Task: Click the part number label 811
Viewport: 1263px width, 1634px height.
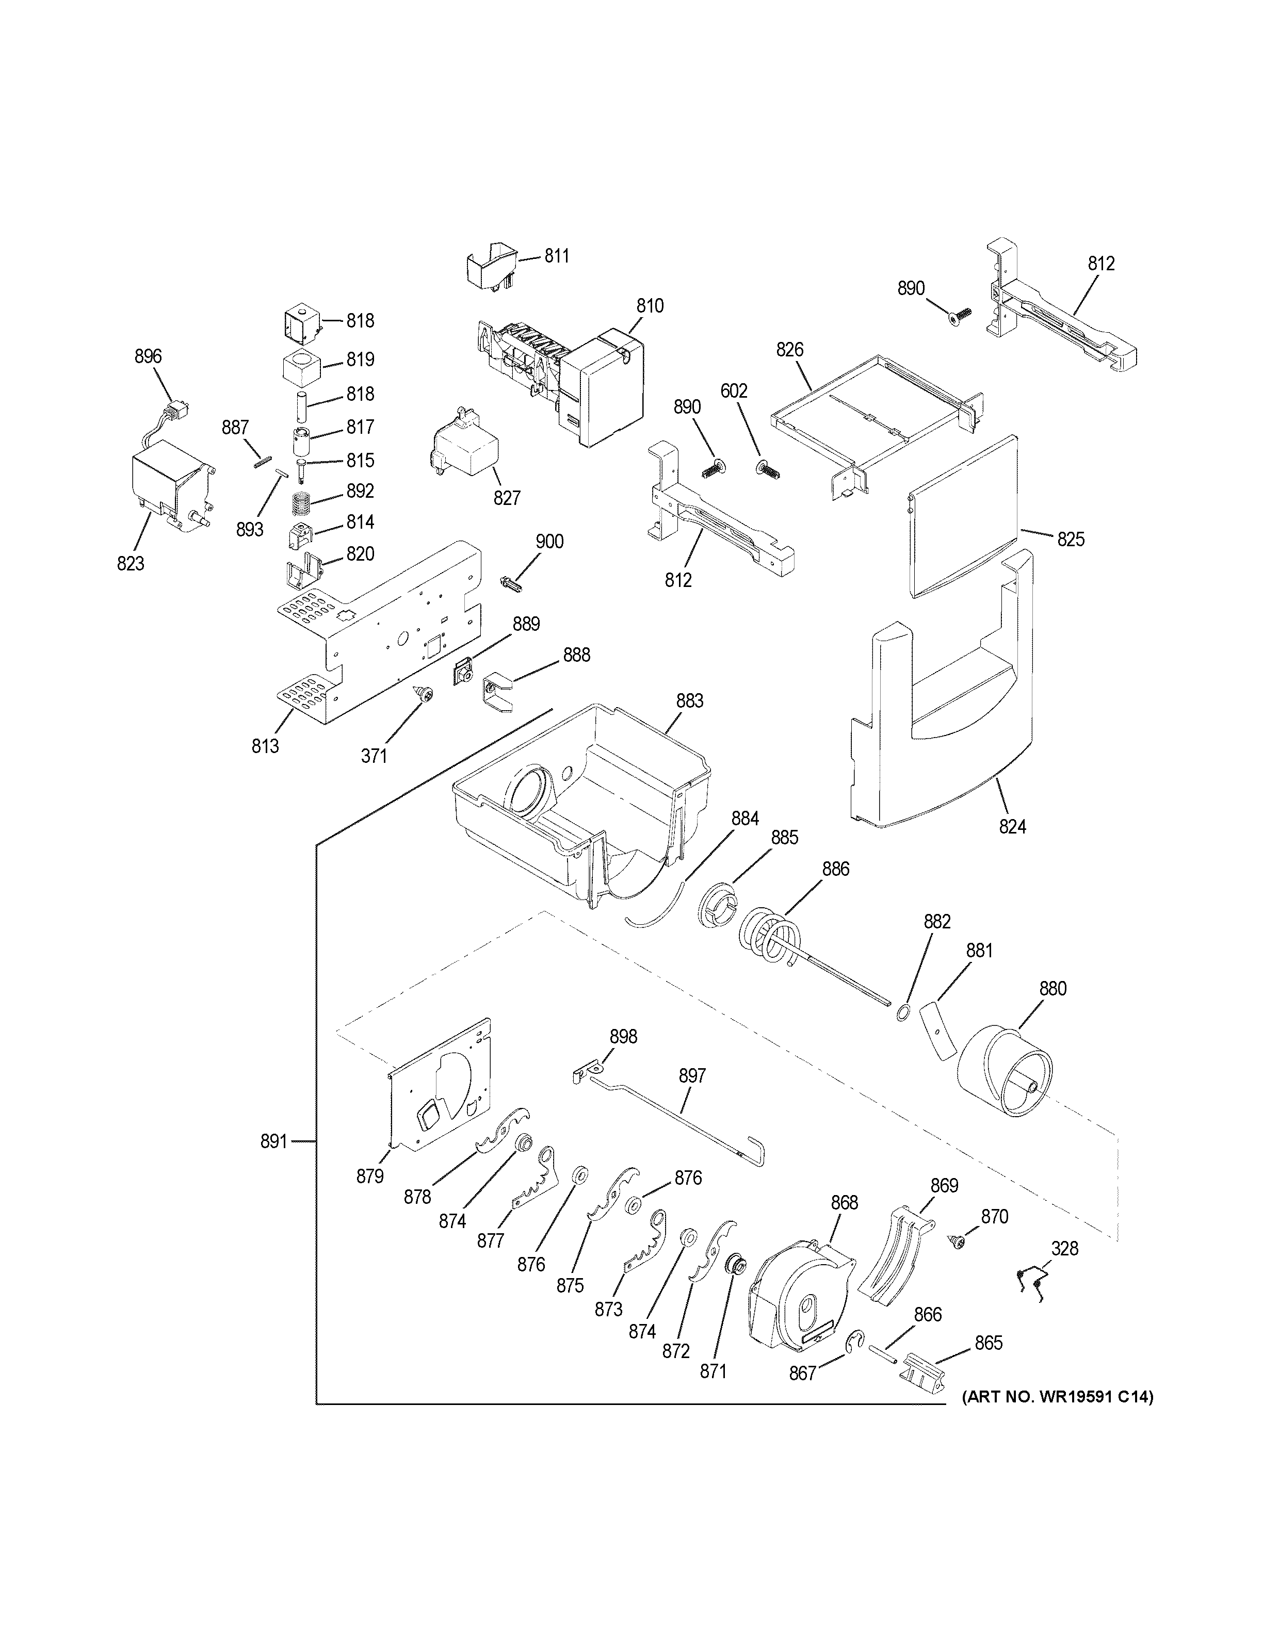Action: [556, 256]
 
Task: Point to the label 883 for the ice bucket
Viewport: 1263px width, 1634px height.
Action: [689, 701]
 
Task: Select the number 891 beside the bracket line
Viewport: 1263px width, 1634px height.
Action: [274, 1163]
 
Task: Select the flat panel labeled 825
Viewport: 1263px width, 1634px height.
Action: [962, 515]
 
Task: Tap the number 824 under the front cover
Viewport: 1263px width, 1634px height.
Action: [1012, 827]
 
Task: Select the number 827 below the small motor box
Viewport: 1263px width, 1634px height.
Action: [507, 498]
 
